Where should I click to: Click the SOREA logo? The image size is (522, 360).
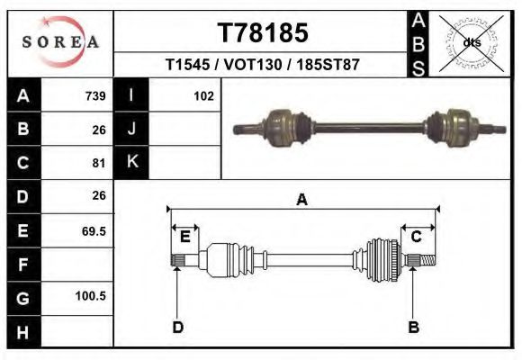coord(59,42)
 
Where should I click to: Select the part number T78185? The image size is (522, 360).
coord(263,33)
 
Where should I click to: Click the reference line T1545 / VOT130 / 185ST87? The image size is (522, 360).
coord(263,66)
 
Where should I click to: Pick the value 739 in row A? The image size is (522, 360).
coord(94,96)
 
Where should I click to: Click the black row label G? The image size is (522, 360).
coord(22,296)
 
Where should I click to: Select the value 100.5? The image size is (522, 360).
coord(91,296)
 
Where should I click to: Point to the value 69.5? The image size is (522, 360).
coord(94,230)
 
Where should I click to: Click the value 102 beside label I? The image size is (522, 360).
coord(202,96)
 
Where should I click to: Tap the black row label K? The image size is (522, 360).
coord(132,162)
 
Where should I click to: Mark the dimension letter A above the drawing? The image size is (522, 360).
coord(302,200)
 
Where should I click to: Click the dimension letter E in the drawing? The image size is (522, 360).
coord(184,237)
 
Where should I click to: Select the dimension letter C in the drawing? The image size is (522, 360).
coord(417,237)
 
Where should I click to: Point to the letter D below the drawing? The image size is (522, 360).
coord(177,327)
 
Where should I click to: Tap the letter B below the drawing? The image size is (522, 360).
coord(413,327)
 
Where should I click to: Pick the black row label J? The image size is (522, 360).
coord(132,129)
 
